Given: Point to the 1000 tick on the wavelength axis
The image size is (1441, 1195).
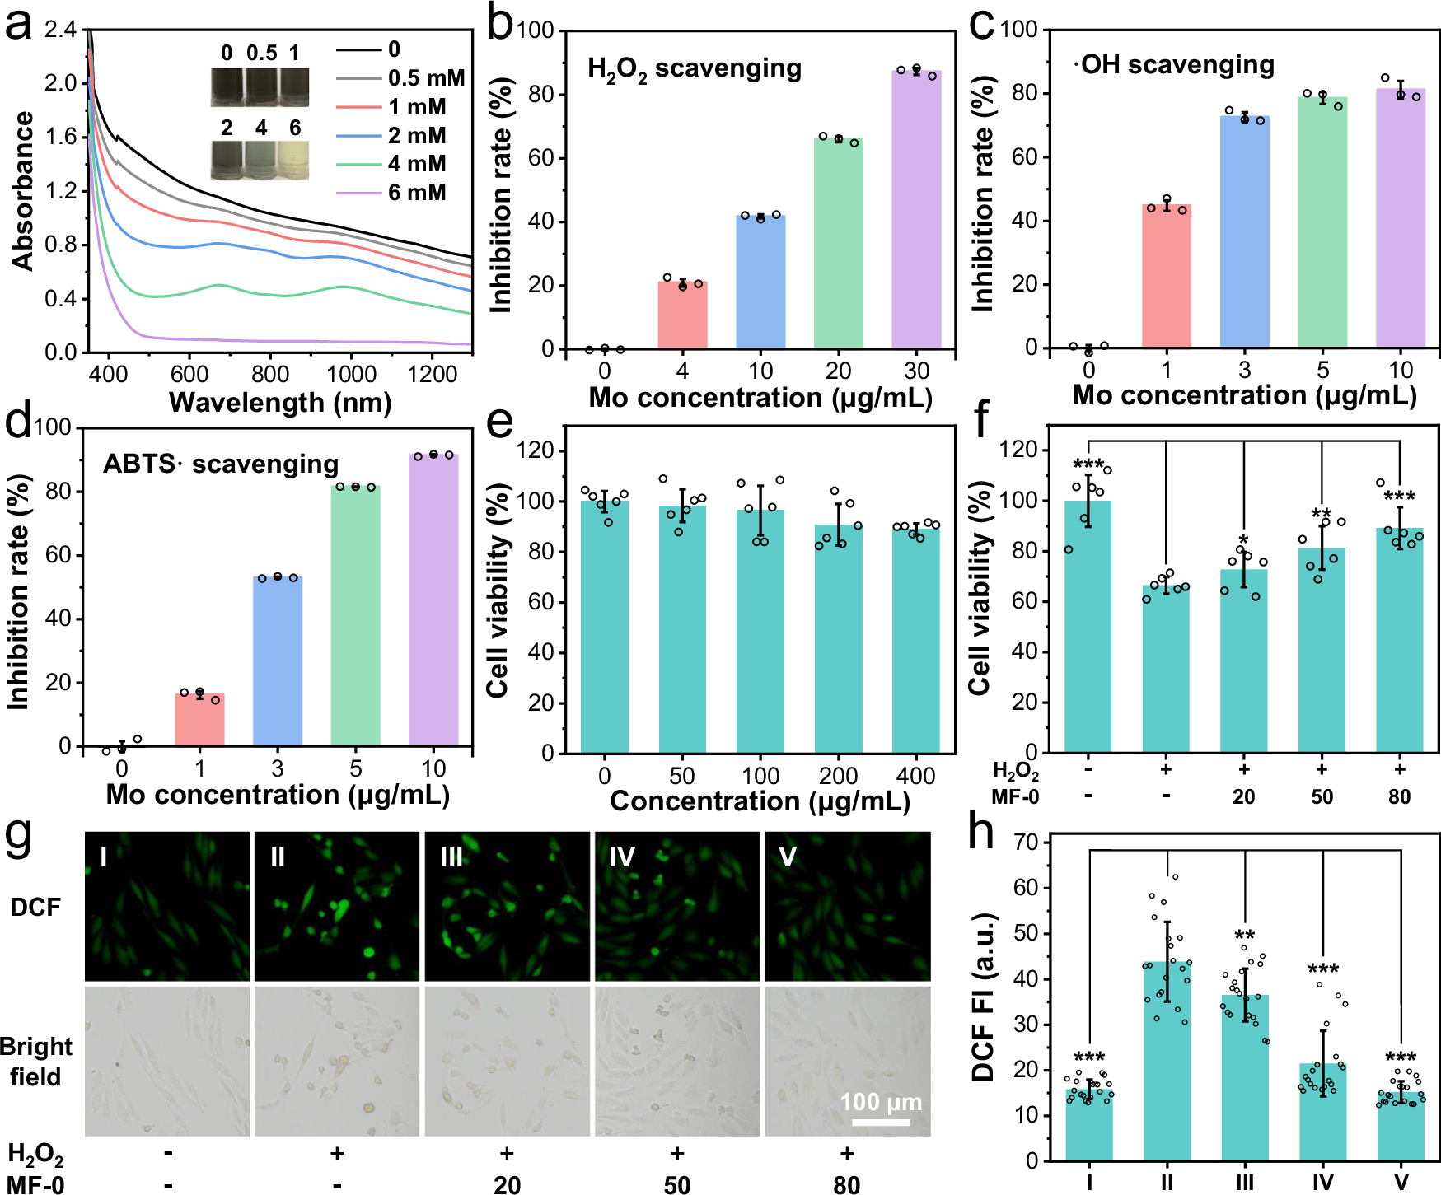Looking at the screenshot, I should [351, 375].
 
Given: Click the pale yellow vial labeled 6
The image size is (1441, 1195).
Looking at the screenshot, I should [294, 160].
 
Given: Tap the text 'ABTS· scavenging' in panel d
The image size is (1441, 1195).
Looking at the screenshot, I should [221, 464].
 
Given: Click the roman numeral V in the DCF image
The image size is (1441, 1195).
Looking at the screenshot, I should [787, 857].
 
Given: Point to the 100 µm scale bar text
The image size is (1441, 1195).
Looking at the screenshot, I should [880, 1102].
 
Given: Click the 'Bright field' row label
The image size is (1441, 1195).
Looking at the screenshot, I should [36, 1062].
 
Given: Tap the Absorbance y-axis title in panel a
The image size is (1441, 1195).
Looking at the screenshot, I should [23, 191].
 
